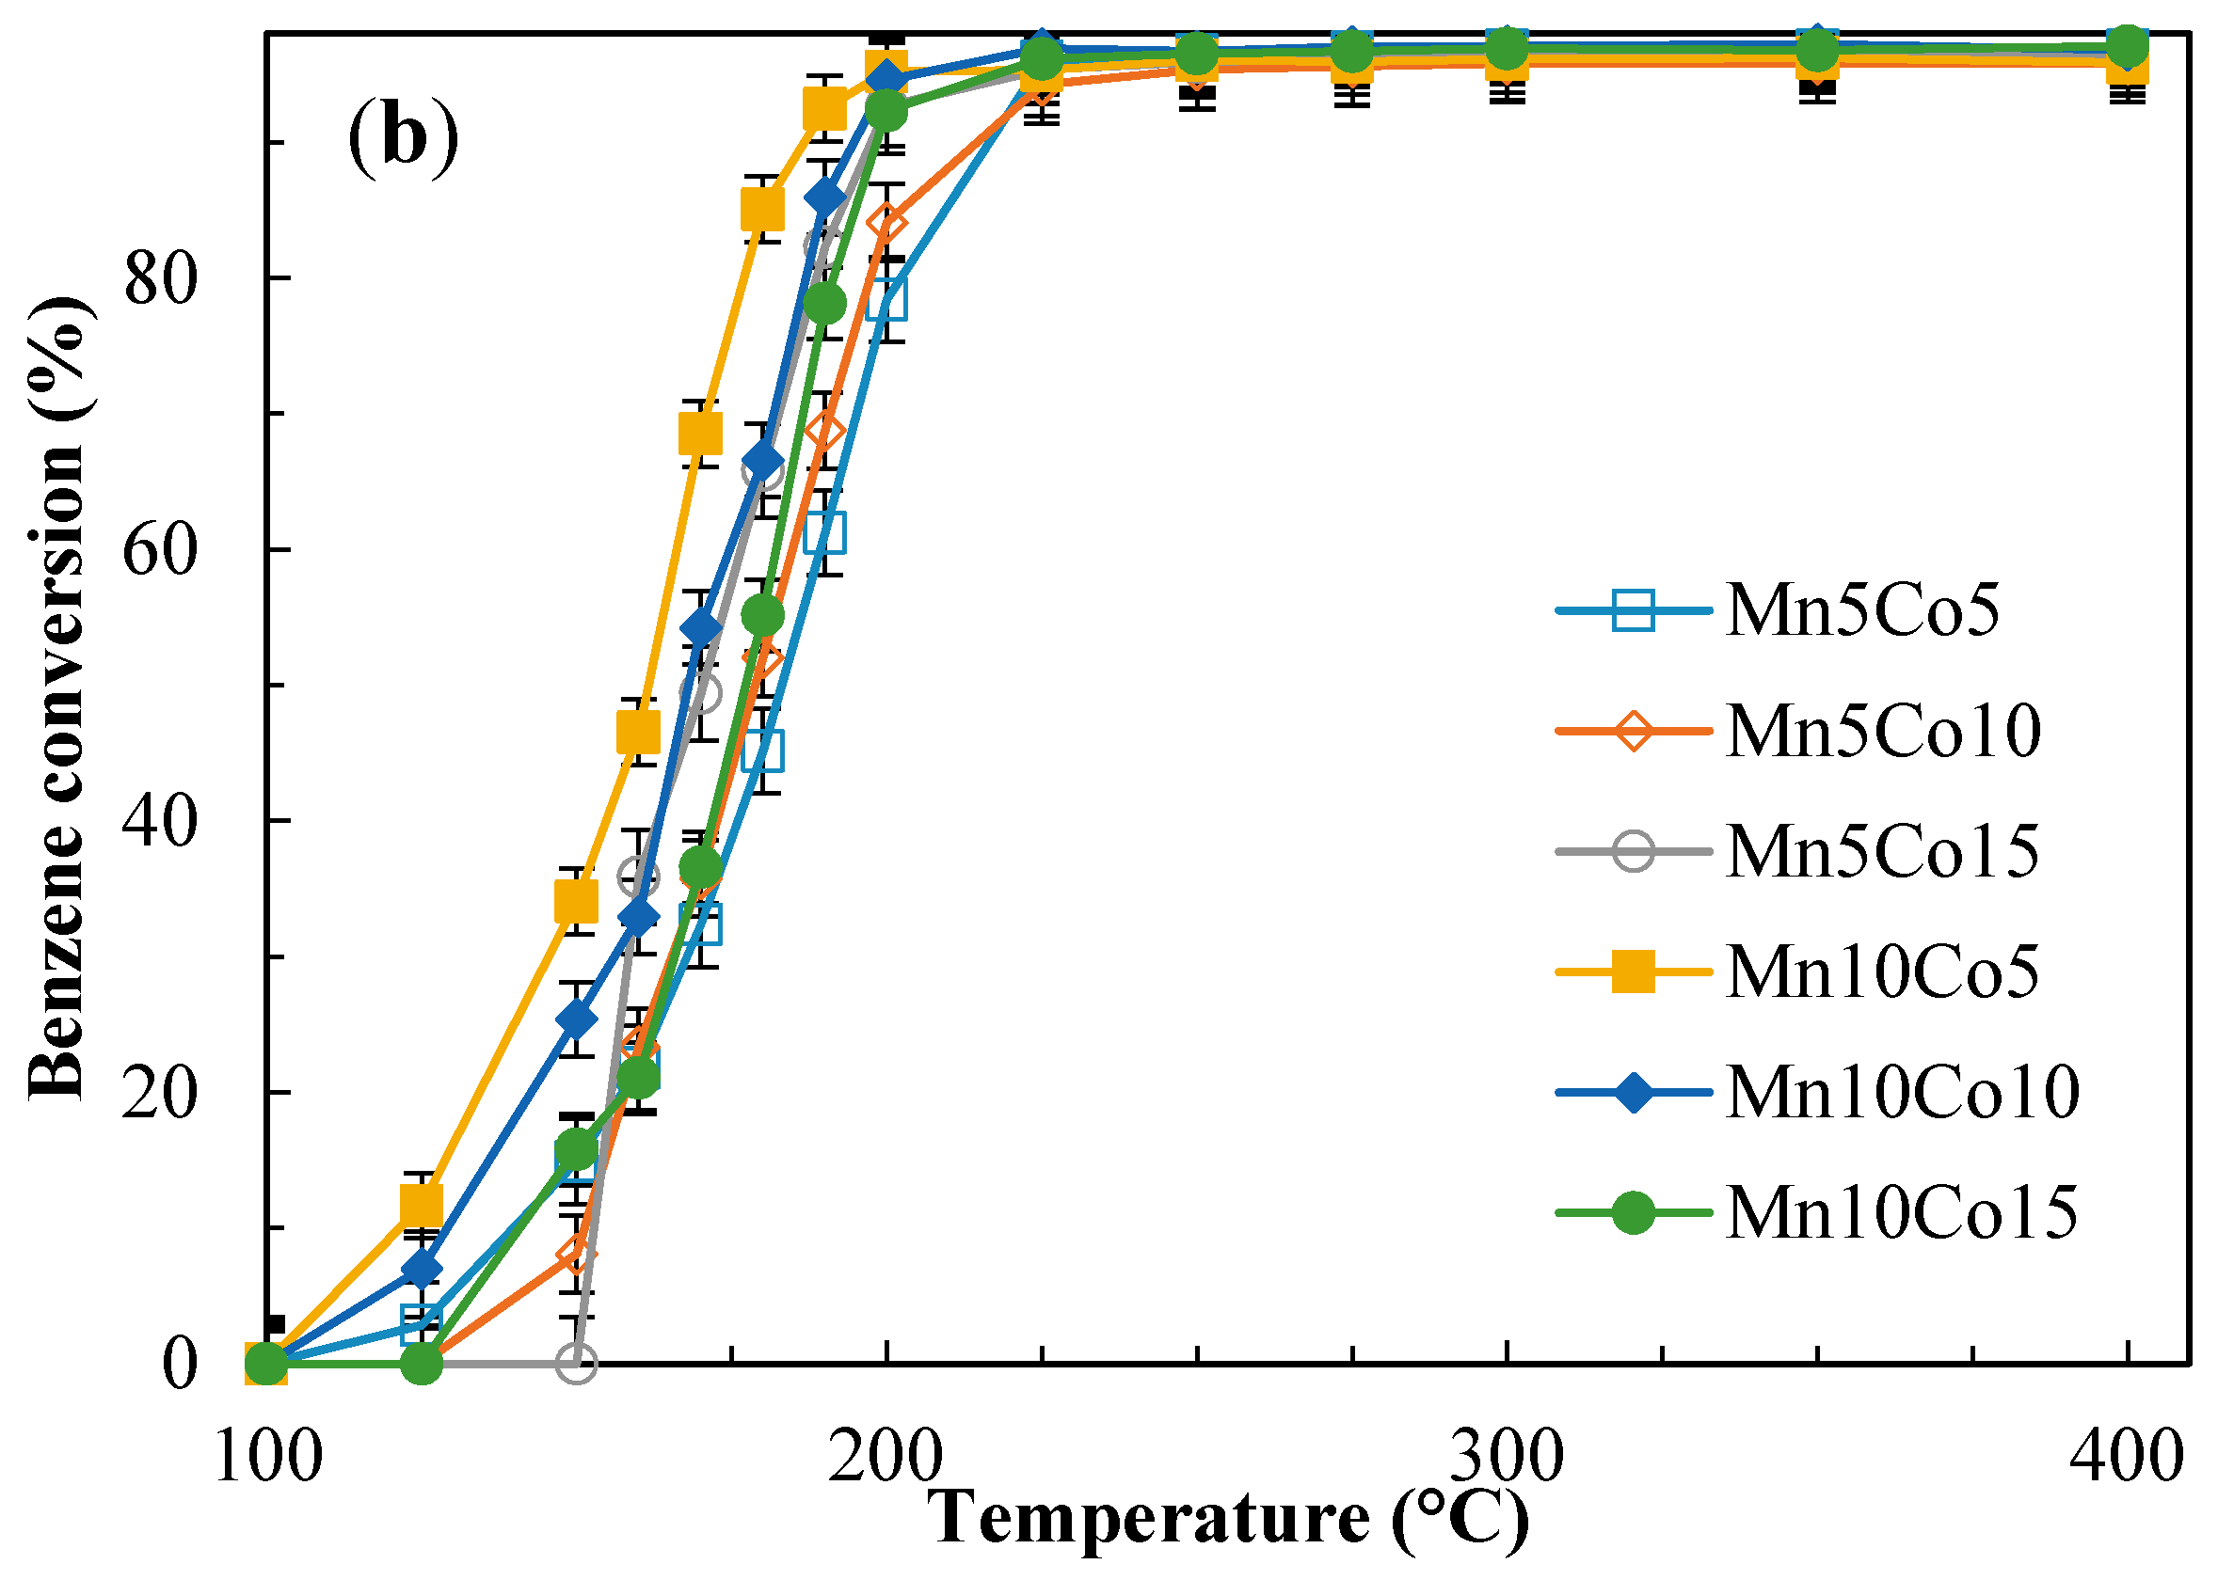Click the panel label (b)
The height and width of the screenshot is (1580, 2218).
point(403,137)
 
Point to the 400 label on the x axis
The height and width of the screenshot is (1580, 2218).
point(2127,1459)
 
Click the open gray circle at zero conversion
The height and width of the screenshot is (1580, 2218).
point(576,1364)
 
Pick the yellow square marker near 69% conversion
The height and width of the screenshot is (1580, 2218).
point(701,434)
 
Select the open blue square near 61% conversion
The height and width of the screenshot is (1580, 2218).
point(825,533)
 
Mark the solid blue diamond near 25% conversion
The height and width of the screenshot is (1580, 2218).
point(576,1019)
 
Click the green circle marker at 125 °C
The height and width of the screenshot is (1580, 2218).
point(422,1364)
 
